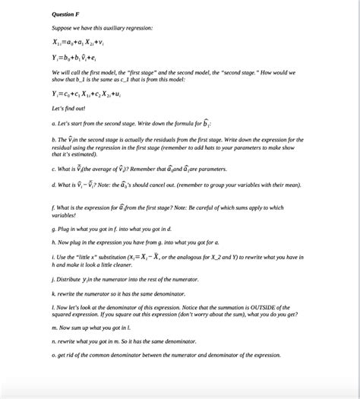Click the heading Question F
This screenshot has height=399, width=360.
[65, 14]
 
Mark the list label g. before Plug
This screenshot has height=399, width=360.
[54, 227]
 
